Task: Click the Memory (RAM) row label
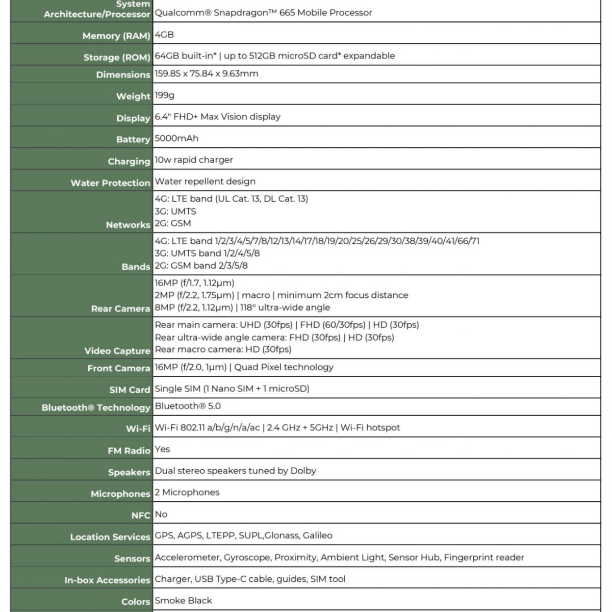(116, 36)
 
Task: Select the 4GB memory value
(164, 34)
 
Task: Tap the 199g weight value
(165, 95)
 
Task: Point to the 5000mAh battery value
(176, 138)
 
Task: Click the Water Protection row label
(110, 183)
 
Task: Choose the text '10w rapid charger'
(194, 160)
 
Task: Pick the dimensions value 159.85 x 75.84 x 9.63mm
(207, 73)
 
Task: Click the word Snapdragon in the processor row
(240, 13)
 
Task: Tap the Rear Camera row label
(120, 309)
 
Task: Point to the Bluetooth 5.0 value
(188, 406)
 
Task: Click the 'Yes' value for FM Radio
(162, 449)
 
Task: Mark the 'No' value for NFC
(161, 514)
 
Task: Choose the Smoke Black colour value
(183, 600)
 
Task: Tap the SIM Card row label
(130, 390)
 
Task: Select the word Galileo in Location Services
(317, 535)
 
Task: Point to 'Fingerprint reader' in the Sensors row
(484, 557)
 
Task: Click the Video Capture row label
(117, 351)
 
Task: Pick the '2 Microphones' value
(187, 492)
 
